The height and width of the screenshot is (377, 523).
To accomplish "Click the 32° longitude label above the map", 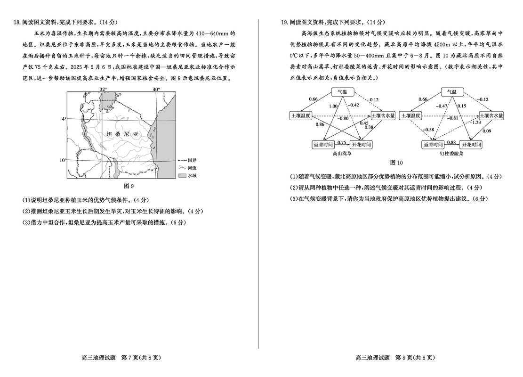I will click(103, 89).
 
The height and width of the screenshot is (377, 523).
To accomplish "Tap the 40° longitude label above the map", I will click(156, 89).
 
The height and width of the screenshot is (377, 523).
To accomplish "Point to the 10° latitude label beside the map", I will click(63, 160).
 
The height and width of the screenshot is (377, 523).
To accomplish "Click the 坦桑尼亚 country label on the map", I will click(123, 134).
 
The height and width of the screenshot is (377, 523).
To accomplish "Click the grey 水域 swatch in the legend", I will click(183, 175).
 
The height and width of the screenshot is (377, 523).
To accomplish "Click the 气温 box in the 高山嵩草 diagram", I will click(345, 92).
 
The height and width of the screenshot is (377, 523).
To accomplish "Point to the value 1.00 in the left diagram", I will click(334, 106).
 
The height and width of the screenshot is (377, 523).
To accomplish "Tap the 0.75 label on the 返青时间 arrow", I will click(342, 142).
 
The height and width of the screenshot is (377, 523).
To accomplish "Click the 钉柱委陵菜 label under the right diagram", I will click(452, 153).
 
